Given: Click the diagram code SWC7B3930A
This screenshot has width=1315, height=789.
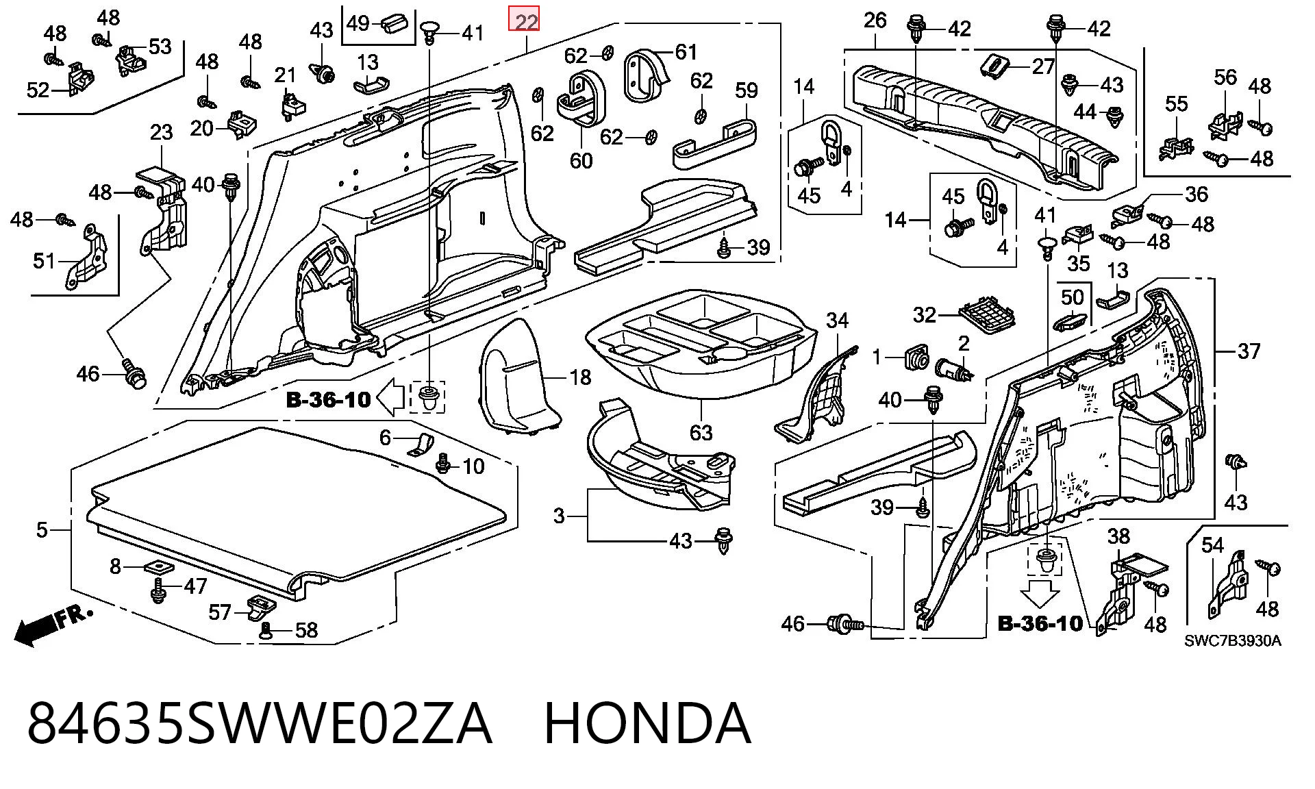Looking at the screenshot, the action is [x=1233, y=641].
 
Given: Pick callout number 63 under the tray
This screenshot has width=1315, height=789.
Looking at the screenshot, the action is [x=701, y=432].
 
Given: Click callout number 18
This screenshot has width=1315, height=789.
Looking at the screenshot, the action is [x=580, y=377].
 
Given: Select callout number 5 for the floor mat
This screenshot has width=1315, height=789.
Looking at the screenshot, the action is [x=42, y=529].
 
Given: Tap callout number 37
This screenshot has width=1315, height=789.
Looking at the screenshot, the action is [x=1249, y=351].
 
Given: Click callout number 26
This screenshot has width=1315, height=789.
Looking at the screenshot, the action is [x=875, y=21].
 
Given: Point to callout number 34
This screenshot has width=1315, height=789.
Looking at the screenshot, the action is [x=837, y=320].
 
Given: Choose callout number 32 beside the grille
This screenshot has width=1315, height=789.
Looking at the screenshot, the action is [x=925, y=314].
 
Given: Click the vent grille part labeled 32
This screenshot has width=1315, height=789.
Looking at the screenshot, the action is [x=987, y=314].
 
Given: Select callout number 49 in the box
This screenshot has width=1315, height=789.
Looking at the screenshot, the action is [x=358, y=23].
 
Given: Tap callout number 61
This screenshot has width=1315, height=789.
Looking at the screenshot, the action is [x=686, y=52].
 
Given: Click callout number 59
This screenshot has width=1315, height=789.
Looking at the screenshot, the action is [x=746, y=90].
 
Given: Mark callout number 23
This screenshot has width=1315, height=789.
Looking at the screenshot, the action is [x=161, y=131].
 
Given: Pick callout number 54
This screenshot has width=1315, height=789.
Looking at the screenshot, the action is [x=1212, y=545].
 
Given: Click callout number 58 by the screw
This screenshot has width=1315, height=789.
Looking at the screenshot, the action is [x=305, y=630].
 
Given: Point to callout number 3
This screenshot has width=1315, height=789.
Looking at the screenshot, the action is [x=559, y=515].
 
